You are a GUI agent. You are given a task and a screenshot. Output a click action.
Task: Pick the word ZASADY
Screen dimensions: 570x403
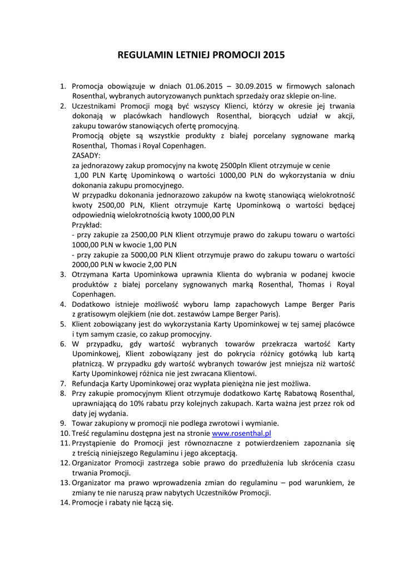click(x=86, y=155)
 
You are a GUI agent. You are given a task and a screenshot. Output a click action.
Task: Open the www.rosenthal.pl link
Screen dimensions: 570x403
click(x=241, y=433)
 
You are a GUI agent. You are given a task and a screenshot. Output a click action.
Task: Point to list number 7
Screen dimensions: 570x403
click(x=63, y=384)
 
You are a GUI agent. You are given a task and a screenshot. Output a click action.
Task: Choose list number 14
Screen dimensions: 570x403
click(x=63, y=503)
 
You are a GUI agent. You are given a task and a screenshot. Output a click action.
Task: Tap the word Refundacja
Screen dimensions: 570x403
click(x=91, y=384)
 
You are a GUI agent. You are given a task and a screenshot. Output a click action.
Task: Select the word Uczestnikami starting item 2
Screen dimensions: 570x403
click(x=97, y=106)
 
